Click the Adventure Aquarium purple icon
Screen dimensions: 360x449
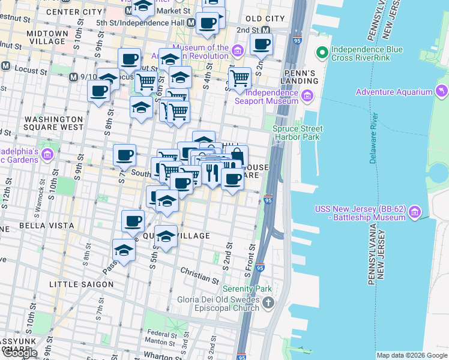click(x=442, y=92)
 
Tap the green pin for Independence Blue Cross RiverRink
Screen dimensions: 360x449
click(x=322, y=53)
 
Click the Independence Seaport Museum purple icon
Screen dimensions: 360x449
click(x=307, y=96)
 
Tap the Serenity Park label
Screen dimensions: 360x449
click(x=247, y=289)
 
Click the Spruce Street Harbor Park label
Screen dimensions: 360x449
click(x=298, y=133)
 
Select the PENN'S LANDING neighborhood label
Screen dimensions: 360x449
click(x=300, y=77)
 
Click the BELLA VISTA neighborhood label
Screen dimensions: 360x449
click(x=38, y=226)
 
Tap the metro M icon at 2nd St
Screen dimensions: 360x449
click(x=264, y=29)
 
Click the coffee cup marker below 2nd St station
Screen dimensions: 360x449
click(x=262, y=44)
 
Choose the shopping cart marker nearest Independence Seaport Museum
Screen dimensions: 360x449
click(x=240, y=78)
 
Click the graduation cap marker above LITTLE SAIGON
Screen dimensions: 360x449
click(x=124, y=250)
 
